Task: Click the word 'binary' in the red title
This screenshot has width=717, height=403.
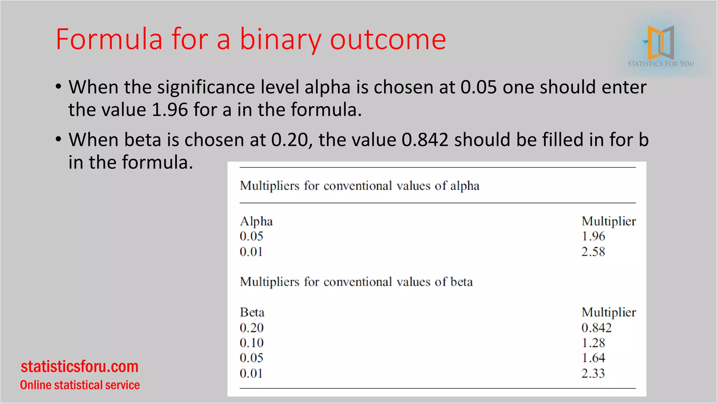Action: (280, 39)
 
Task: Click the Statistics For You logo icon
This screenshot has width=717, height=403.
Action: (660, 42)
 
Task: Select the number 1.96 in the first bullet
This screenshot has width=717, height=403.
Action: (170, 109)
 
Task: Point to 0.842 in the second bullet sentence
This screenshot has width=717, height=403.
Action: (425, 140)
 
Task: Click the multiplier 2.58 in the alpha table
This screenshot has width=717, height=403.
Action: (593, 252)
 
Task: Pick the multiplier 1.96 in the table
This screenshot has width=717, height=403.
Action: (593, 236)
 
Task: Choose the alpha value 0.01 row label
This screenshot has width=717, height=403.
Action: (251, 252)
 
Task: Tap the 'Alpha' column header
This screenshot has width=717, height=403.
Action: (256, 221)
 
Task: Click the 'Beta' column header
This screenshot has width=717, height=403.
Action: (252, 312)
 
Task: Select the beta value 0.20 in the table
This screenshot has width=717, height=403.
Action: (251, 328)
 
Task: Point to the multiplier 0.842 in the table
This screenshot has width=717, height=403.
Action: (596, 328)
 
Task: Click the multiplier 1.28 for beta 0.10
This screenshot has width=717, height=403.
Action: (593, 343)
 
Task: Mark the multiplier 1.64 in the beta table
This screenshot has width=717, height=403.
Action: (593, 358)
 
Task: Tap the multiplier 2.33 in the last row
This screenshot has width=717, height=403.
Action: (593, 373)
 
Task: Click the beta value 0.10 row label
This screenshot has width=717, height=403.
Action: (251, 343)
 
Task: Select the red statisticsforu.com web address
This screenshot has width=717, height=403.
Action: (79, 366)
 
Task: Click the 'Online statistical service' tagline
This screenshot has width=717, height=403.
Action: (80, 385)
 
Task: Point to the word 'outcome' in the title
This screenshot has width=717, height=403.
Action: (388, 39)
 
